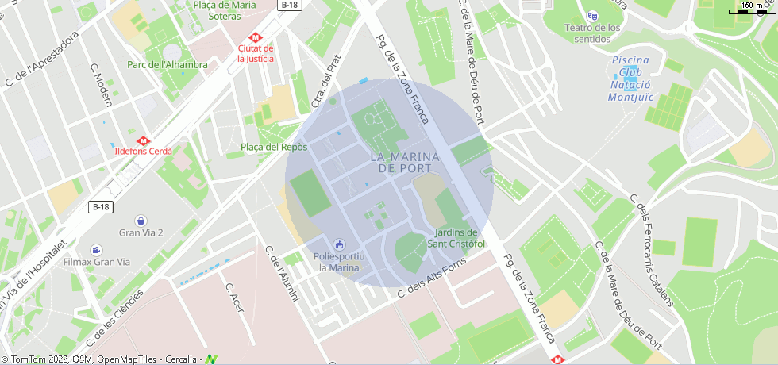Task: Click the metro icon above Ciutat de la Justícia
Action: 256,36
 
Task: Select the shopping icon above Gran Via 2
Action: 141,219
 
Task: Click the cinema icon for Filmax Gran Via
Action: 97,249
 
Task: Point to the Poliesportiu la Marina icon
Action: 339,244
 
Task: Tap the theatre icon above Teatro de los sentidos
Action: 591,16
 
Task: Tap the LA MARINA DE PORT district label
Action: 401,163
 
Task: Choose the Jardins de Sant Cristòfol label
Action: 456,238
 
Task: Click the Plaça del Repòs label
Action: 273,147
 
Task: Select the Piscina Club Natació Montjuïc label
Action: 630,79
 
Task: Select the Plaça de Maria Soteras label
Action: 224,10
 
